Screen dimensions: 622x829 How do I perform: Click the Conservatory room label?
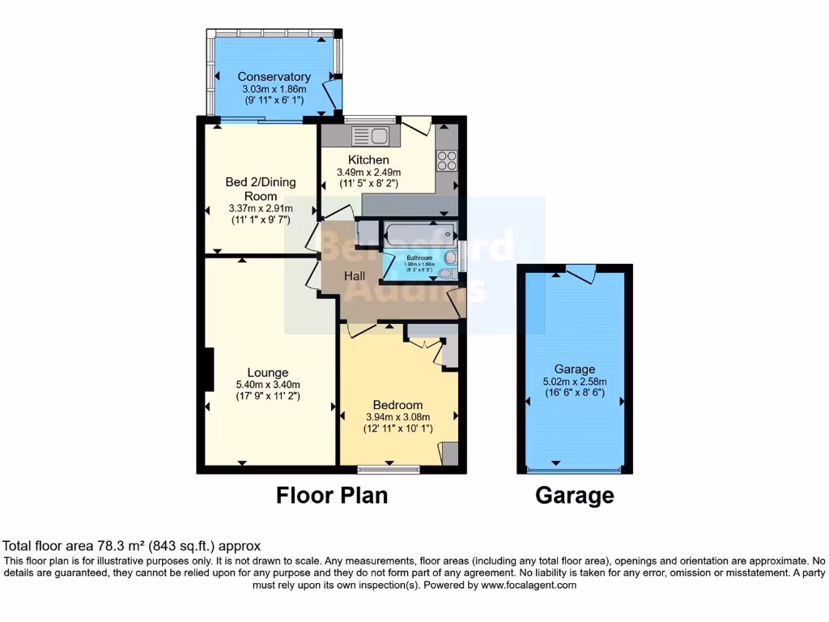point(274,77)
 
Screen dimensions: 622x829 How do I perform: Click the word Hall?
point(355,276)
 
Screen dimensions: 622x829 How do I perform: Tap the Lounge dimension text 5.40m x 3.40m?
point(267,385)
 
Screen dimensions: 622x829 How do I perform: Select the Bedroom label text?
point(397,405)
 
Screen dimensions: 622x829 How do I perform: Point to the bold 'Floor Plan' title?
point(332,495)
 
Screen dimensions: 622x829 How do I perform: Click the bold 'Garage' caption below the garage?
point(575,495)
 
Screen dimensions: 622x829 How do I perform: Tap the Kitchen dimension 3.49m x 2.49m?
point(369,172)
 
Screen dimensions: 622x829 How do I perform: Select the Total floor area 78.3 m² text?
point(132,546)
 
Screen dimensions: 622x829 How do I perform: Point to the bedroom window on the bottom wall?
point(389,468)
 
